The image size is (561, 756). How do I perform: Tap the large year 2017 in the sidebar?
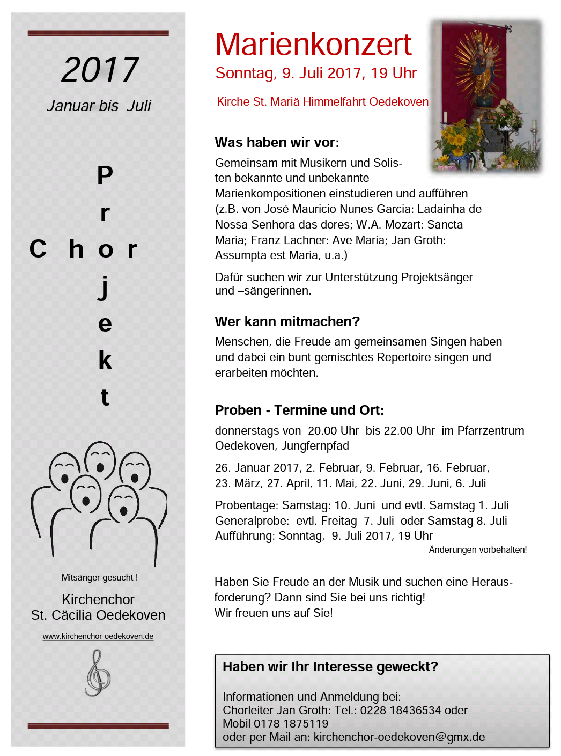point(100,70)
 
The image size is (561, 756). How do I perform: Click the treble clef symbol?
point(98,673)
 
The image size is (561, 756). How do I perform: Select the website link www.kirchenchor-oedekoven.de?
point(98,636)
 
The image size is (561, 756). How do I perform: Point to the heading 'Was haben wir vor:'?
point(277,143)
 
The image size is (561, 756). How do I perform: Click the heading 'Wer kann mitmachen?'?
point(287,321)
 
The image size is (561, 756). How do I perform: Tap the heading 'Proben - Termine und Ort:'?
point(299,410)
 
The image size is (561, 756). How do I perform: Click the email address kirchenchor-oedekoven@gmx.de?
point(399,737)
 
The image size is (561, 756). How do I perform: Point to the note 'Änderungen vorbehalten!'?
point(477,550)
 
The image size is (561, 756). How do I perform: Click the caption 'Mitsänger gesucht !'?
point(99,578)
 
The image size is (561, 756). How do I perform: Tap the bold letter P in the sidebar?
point(105,175)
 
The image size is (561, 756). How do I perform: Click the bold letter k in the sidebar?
point(105,361)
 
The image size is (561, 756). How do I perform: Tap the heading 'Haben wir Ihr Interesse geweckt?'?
point(330,667)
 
